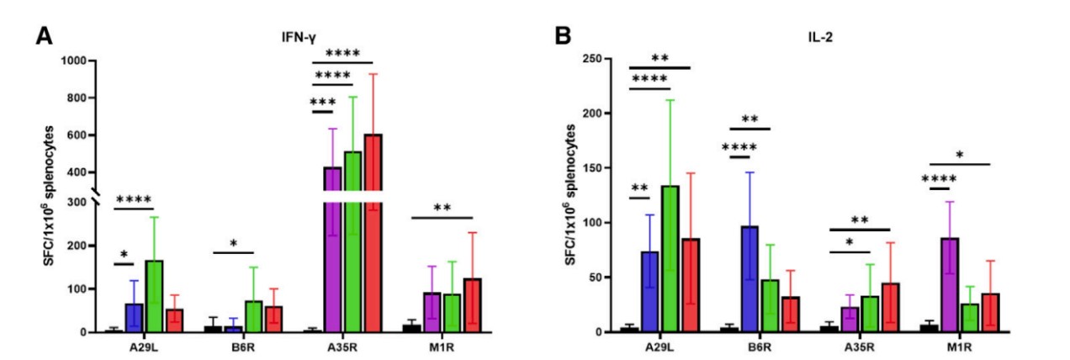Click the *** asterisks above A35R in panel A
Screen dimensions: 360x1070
tap(323, 103)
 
